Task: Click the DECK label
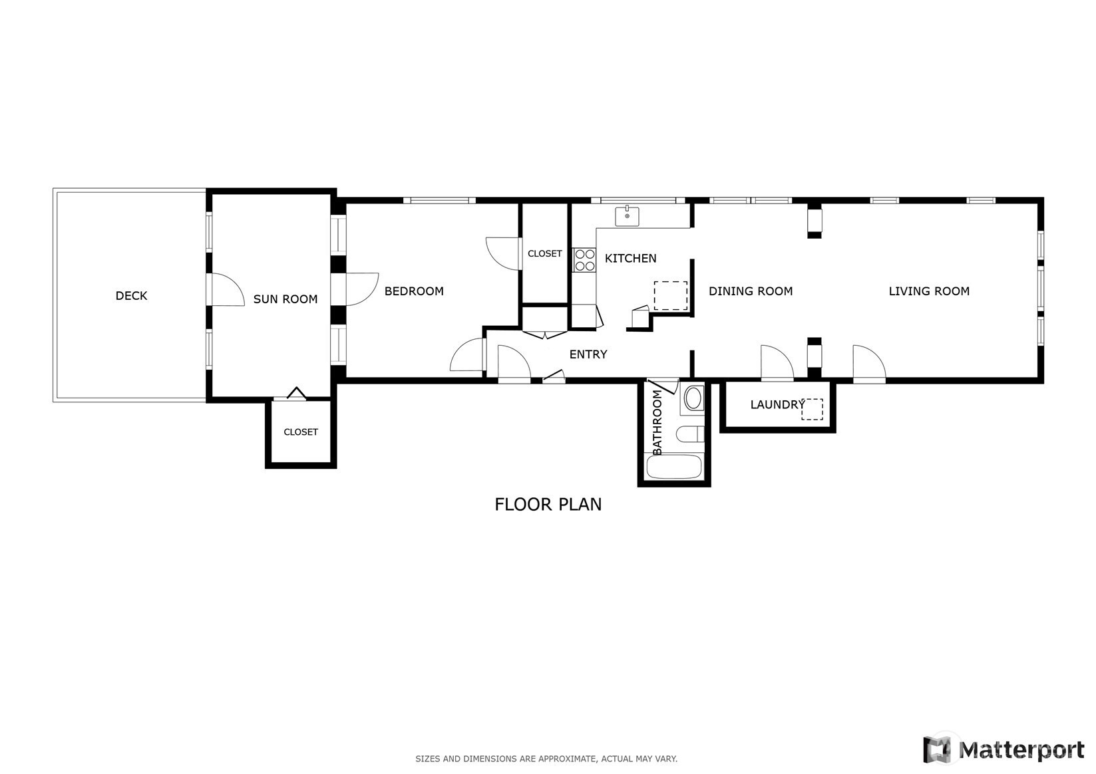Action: (131, 296)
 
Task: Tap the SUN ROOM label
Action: (285, 299)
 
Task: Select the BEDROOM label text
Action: (414, 291)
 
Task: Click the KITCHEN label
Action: (631, 258)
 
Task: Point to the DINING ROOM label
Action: (751, 291)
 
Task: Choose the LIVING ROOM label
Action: (929, 291)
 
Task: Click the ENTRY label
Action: (588, 354)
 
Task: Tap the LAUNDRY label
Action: (778, 405)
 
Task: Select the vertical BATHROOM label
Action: (657, 422)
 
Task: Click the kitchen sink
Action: (627, 216)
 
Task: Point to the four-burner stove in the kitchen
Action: (585, 260)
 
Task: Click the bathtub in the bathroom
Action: (673, 467)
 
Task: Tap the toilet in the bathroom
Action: (690, 434)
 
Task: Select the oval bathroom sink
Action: (693, 398)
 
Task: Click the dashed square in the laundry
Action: (812, 409)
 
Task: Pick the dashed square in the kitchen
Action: (671, 295)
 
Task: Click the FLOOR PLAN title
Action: (548, 505)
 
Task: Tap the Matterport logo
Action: (1004, 749)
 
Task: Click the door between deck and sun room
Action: (226, 290)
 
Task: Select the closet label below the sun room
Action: (301, 432)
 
